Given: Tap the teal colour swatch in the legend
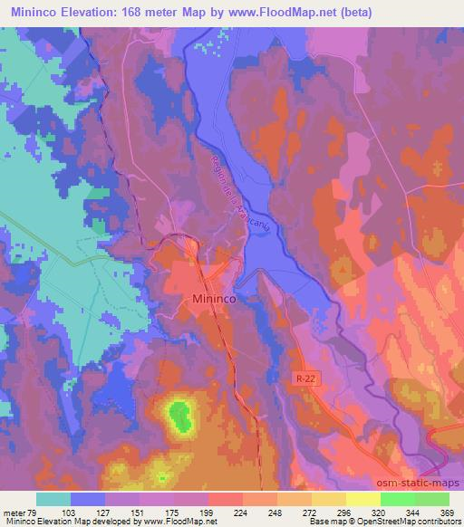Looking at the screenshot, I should coord(54,498).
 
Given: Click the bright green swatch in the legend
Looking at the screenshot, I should coord(398,498).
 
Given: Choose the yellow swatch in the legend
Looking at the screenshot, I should coord(329,498).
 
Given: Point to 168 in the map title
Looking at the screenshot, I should coord(154,14).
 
